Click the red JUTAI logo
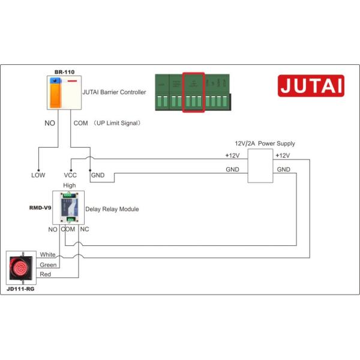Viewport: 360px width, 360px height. (x=311, y=85)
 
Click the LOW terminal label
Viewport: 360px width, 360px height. (x=38, y=176)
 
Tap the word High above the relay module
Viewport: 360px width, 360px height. (x=70, y=185)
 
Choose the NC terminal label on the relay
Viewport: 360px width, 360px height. (x=85, y=229)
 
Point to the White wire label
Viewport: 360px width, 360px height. (x=47, y=254)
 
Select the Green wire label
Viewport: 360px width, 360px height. (x=48, y=265)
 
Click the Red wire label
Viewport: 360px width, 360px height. (x=45, y=274)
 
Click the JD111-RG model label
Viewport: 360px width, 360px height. (x=22, y=288)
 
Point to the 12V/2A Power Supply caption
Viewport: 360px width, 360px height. (x=265, y=143)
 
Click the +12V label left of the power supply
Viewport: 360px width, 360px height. (x=232, y=155)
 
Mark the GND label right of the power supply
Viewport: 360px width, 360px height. (x=284, y=170)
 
